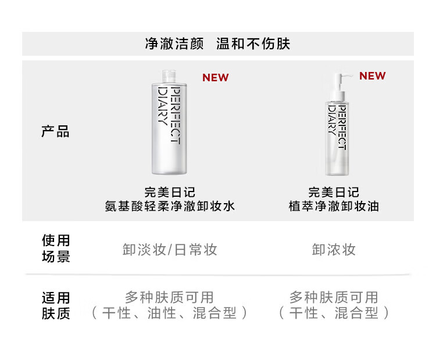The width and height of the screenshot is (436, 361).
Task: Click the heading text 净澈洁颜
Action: [174, 44]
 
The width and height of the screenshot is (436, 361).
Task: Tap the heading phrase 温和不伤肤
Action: [253, 44]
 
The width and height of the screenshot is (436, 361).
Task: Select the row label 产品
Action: [55, 132]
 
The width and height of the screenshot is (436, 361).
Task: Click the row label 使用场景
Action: [56, 248]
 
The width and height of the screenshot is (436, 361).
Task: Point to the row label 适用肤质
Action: [56, 306]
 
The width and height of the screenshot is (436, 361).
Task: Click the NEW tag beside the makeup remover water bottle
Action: [215, 78]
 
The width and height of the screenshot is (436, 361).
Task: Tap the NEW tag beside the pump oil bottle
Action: [372, 76]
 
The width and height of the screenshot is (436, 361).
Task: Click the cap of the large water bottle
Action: [167, 75]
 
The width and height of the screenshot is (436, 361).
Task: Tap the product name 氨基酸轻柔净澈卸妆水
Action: [170, 206]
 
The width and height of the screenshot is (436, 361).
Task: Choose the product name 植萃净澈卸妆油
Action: [334, 206]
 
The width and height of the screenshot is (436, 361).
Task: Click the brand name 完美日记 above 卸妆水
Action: [170, 192]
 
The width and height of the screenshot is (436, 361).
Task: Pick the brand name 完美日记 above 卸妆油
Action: [334, 192]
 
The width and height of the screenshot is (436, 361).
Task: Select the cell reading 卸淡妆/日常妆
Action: [170, 250]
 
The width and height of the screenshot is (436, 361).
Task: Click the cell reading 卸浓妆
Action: [334, 250]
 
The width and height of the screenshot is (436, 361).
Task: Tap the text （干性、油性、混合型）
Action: [170, 313]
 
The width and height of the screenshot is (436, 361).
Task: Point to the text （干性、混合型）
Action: [334, 313]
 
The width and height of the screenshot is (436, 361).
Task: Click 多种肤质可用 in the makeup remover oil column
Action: [334, 298]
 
